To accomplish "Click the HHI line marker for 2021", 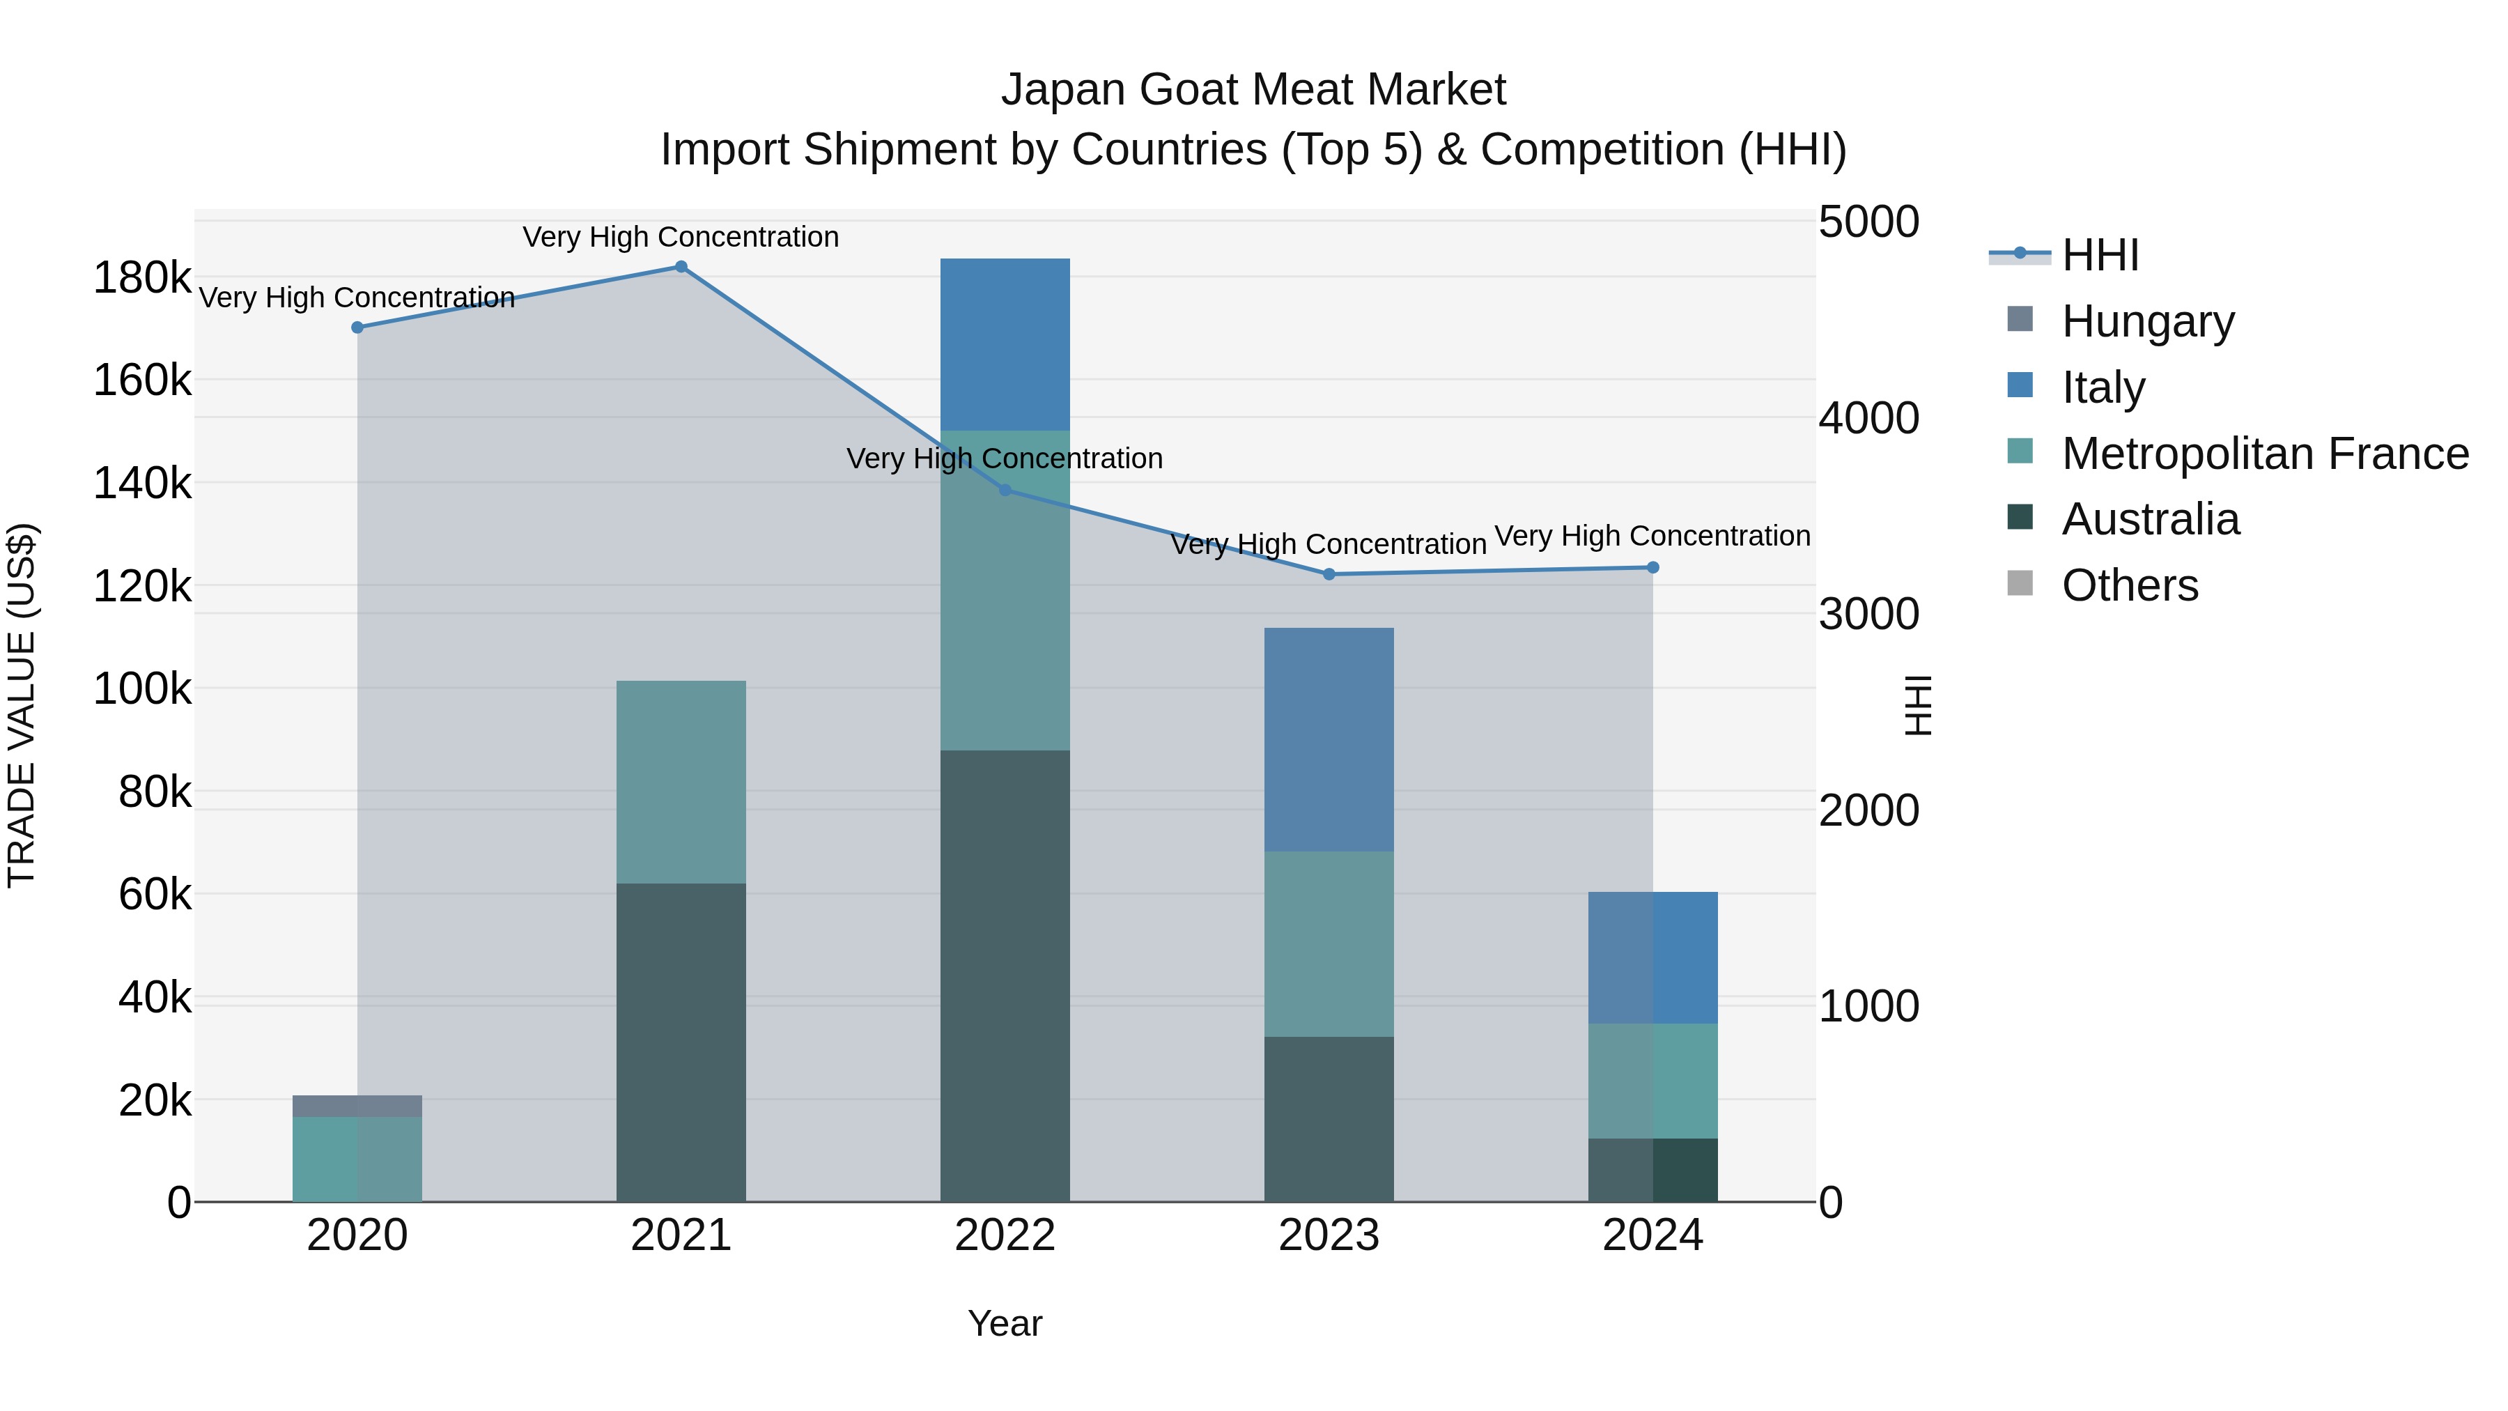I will pyautogui.click(x=681, y=267).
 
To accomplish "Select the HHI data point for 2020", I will pyautogui.click(x=357, y=328).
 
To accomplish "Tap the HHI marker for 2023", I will pyautogui.click(x=1329, y=575).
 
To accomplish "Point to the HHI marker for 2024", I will pyautogui.click(x=1652, y=568).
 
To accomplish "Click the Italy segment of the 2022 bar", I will pyautogui.click(x=1005, y=345).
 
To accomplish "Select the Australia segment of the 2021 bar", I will pyautogui.click(x=681, y=1042).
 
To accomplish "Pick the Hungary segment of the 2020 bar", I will pyautogui.click(x=357, y=1107).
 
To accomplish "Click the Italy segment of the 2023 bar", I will pyautogui.click(x=1329, y=740).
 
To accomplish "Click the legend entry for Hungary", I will pyautogui.click(x=2147, y=321).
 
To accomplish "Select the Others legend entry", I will pyautogui.click(x=2129, y=585).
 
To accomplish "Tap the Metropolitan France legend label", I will pyautogui.click(x=2265, y=454).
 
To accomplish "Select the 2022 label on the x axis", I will pyautogui.click(x=1005, y=1235).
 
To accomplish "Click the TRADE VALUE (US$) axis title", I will pyautogui.click(x=22, y=705).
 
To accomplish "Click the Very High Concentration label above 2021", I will pyautogui.click(x=681, y=238).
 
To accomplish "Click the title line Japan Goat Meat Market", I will pyautogui.click(x=1253, y=90).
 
